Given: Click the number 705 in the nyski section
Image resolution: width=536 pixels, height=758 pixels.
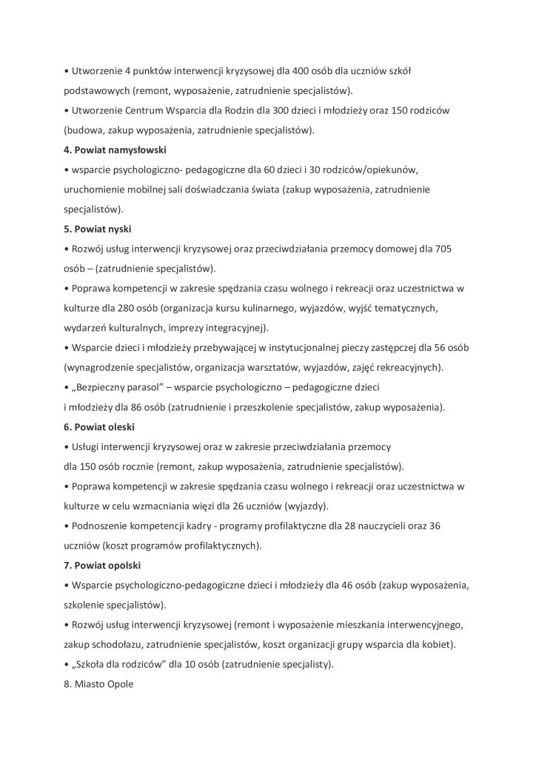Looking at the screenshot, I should (443, 249).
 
